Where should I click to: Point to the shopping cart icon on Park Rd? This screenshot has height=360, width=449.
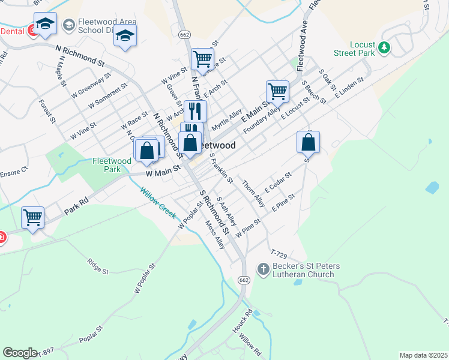point(33,217)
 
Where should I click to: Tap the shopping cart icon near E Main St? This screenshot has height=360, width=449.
point(277,92)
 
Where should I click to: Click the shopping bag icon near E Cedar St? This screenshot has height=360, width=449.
point(308,142)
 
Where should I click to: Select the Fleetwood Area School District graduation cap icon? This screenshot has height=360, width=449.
point(69,25)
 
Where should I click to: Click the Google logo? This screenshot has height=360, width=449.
point(20,352)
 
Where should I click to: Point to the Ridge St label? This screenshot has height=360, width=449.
point(98,267)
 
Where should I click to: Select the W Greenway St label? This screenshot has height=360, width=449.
point(91,86)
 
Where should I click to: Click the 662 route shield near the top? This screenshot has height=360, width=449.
point(185,35)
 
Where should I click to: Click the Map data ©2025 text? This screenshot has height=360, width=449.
point(423,355)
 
